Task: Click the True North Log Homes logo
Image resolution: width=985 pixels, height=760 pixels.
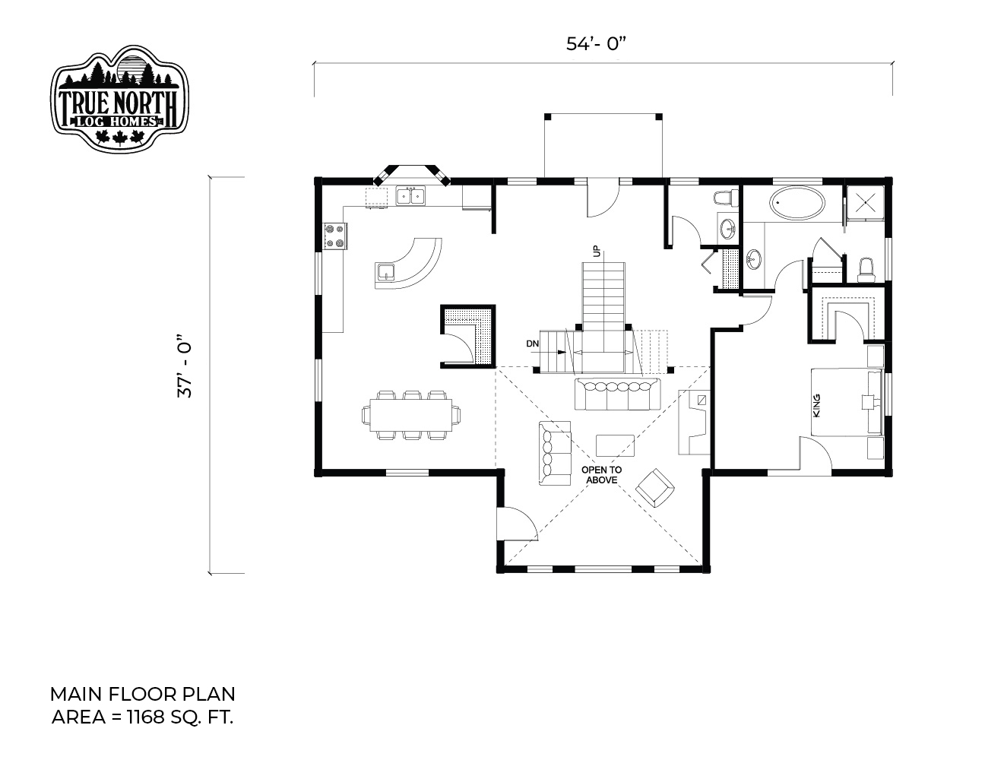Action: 119,98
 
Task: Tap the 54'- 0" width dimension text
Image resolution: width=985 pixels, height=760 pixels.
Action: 596,44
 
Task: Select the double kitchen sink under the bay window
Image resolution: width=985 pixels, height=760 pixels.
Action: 410,196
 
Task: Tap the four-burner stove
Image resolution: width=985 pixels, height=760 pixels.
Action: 335,236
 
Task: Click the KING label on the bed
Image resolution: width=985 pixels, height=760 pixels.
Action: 816,406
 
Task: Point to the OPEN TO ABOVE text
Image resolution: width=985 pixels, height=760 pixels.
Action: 601,475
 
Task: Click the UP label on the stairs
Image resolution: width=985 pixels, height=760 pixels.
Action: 597,251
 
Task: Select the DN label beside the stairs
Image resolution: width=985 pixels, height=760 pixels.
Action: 533,344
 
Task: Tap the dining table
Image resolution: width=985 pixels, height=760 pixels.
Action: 411,415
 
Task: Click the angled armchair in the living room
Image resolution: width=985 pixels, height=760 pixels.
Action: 655,488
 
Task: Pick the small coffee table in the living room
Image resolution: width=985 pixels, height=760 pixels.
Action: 615,445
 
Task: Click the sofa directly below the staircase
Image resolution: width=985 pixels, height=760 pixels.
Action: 617,394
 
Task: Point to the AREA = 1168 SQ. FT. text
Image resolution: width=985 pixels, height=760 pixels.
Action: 142,717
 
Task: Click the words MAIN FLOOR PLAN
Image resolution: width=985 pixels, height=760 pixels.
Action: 142,695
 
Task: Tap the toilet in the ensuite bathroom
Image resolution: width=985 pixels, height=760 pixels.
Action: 866,270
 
